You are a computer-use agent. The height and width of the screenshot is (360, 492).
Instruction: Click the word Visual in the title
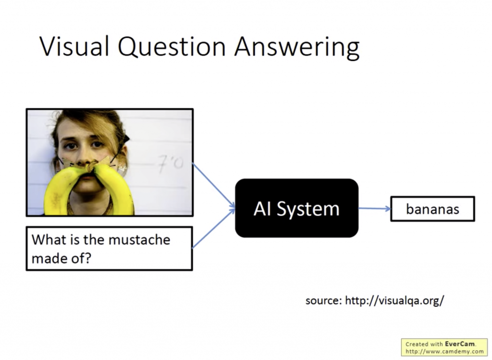74,46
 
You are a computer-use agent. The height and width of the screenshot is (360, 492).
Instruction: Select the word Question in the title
172,47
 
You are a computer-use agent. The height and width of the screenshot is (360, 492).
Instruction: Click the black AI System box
296,208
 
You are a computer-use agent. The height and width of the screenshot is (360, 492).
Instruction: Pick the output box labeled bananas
432,209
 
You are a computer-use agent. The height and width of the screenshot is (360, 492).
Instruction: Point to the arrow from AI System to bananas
374,208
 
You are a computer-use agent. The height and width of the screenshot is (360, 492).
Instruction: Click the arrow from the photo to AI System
214,185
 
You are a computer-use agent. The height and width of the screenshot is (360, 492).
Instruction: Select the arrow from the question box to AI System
214,228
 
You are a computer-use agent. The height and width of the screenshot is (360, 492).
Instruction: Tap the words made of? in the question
61,258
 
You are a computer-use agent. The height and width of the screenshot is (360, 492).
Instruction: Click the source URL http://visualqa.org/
394,300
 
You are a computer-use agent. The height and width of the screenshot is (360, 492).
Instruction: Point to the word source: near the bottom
323,301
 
